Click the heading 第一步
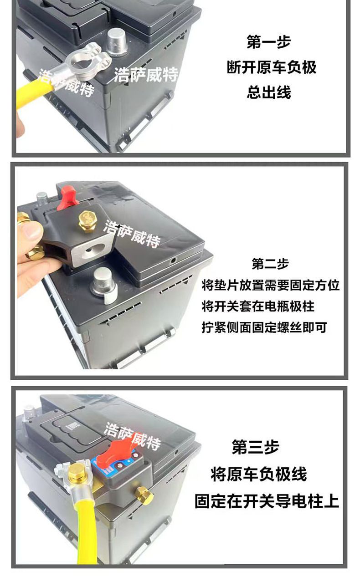(x=269, y=42)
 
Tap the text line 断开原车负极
(x=272, y=67)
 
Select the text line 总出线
(x=269, y=92)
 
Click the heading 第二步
(x=270, y=264)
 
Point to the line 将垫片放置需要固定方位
(x=271, y=285)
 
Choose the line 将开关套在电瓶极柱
(x=258, y=306)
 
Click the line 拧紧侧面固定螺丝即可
(x=264, y=327)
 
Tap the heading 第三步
(x=255, y=447)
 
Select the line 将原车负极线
(x=259, y=475)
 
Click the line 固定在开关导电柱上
(x=267, y=501)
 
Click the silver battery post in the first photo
(x=117, y=41)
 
